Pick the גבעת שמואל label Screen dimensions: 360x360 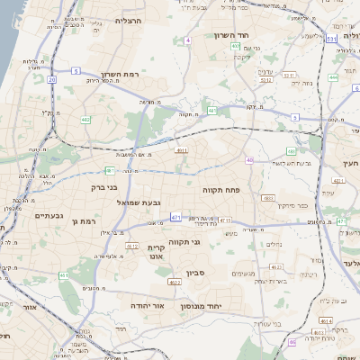tap(138, 202)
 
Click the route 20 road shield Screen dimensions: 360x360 tap(52, 80)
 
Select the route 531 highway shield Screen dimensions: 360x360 tap(332, 40)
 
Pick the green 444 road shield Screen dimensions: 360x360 tap(333, 77)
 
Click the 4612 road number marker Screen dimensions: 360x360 tap(131, 246)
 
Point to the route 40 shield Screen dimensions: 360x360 tap(249, 159)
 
